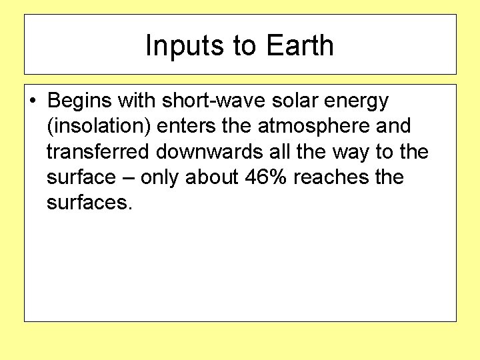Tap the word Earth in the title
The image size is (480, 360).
coord(299,46)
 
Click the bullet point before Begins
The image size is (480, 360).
coord(33,101)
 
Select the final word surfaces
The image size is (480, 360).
coord(90,203)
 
